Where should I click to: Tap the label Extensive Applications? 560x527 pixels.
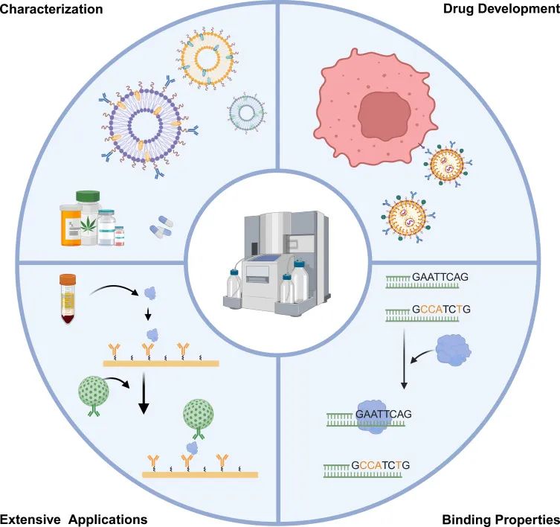[74, 518]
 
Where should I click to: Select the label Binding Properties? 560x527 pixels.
[501, 518]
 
